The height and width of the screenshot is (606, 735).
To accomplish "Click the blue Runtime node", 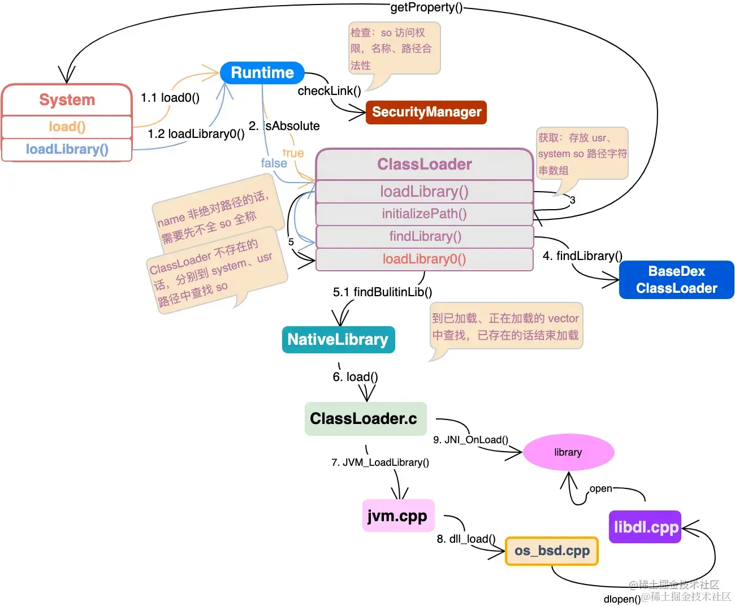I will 262,73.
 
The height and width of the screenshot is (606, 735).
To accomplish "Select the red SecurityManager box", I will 426,112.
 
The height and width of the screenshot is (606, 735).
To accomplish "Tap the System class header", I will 67,100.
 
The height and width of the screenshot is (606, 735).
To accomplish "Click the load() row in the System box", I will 67,127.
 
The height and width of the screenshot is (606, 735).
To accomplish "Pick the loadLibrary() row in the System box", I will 67,149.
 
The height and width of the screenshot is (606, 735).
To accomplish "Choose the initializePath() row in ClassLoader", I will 424,214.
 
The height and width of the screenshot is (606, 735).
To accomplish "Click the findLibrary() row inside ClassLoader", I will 424,236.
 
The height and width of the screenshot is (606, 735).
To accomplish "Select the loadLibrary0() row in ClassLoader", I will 424,259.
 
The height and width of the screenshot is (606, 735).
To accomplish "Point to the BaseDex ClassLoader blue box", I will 676,280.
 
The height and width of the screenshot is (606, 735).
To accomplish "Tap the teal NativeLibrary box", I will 338,339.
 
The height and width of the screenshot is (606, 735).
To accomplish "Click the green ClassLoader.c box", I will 365,419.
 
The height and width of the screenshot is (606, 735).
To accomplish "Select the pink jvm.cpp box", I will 397,516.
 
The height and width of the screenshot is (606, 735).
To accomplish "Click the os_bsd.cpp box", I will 551,551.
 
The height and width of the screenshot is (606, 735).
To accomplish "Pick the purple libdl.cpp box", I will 645,527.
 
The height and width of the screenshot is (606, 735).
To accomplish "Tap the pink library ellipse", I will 568,452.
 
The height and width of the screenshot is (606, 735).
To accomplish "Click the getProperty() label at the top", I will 426,7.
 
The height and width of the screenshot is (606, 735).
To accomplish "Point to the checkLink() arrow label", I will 329,91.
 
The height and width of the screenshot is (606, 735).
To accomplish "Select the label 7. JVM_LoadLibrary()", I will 380,462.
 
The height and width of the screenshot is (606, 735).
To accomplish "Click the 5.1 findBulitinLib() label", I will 382,292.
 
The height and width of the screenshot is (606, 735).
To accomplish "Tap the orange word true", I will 293,153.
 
